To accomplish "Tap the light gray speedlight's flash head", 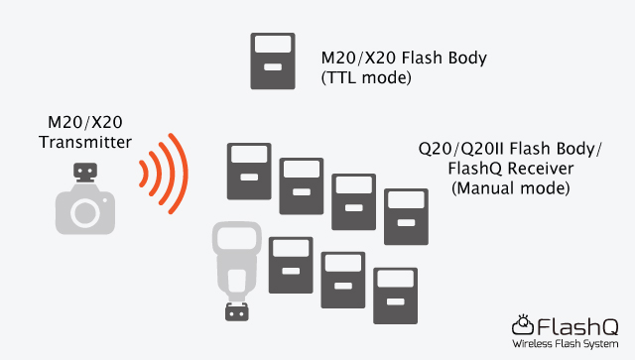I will point(235,242).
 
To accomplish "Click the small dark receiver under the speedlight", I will point(236,313).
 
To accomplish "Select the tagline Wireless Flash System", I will point(566,343).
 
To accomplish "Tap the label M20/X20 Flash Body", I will point(404,58).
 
